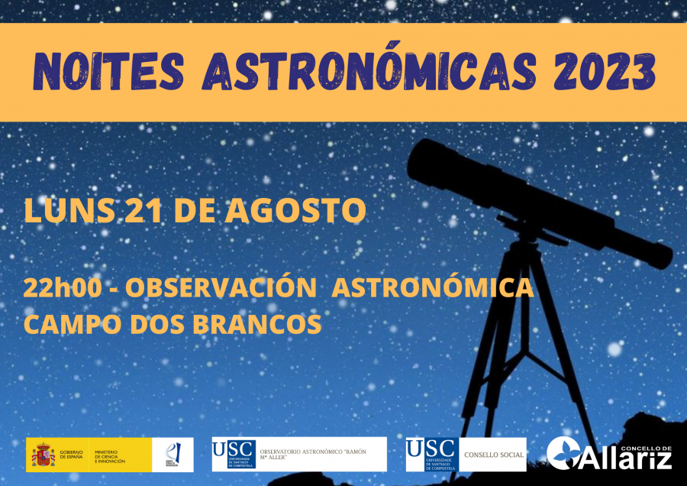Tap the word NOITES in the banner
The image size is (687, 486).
[x=108, y=72]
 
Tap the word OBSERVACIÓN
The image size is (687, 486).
[x=221, y=288]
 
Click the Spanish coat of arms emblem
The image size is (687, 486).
[x=42, y=455]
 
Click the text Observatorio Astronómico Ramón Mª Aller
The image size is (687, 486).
[x=313, y=455]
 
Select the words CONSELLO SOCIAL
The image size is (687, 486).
[x=494, y=455]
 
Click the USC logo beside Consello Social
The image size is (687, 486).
[x=431, y=454]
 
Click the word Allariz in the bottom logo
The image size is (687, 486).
[x=628, y=459]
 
